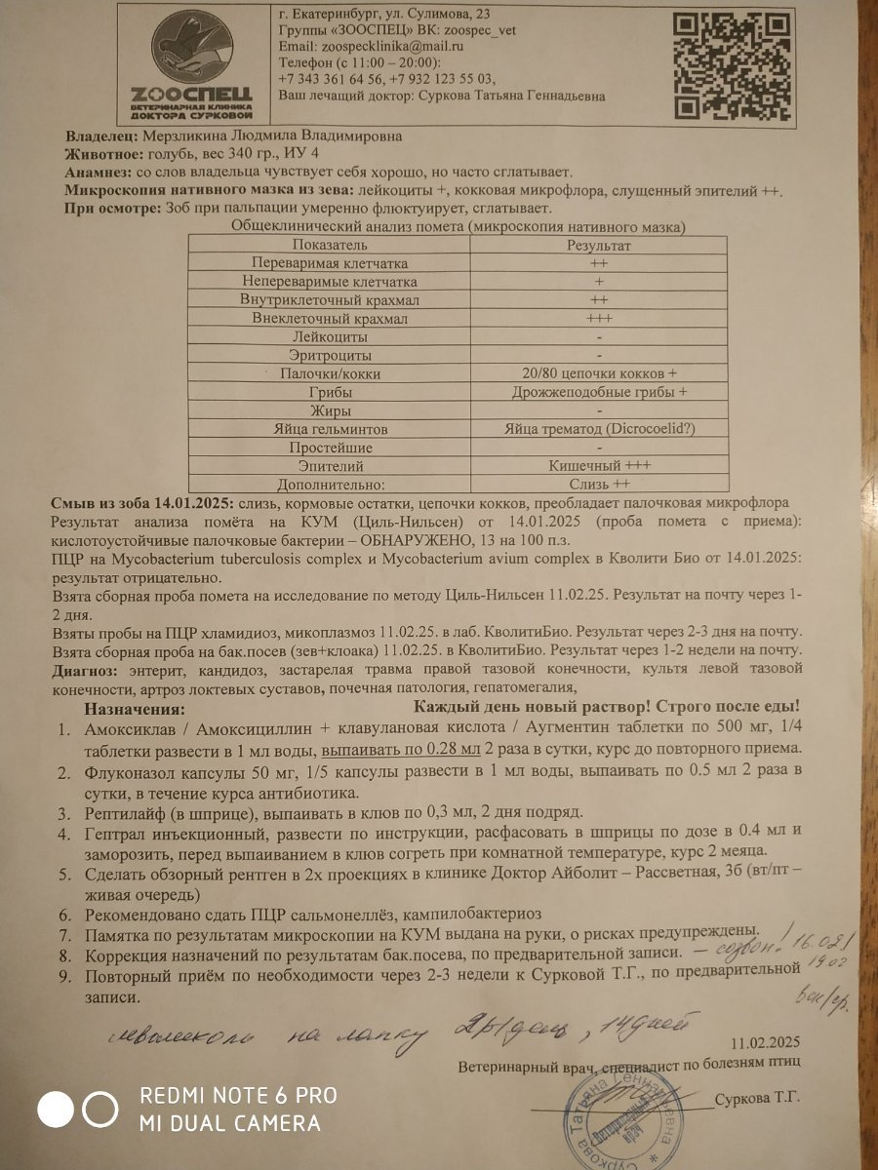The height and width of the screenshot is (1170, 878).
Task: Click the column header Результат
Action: coord(599,246)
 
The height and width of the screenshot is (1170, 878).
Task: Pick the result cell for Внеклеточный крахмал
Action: coord(599,319)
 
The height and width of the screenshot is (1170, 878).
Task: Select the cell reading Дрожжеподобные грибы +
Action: coord(599,392)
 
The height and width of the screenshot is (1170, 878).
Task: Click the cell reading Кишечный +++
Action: coord(599,466)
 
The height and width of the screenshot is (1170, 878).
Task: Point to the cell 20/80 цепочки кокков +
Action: coord(599,374)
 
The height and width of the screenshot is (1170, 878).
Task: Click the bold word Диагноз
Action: coord(84,671)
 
